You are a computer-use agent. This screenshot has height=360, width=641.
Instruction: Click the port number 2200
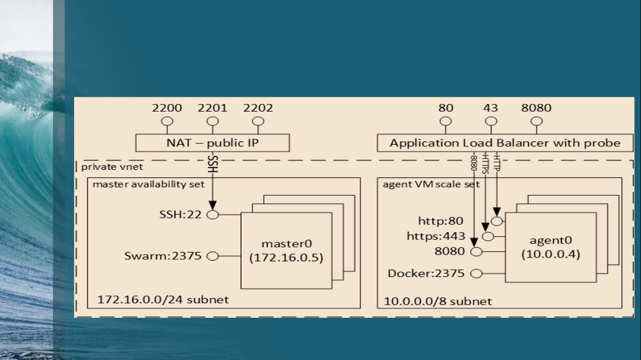167,108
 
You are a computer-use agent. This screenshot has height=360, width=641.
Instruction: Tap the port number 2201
213,108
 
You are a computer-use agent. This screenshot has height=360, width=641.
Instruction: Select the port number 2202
258,108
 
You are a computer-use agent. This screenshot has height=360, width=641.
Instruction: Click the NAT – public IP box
213,143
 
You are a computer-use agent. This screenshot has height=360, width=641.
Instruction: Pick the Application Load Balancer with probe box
505,143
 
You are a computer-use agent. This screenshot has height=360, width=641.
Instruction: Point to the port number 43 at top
491,108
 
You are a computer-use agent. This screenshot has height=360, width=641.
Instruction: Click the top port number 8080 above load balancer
536,108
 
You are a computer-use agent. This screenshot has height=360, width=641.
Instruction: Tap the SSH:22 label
180,215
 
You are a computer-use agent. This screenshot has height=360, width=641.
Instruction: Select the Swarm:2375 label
163,256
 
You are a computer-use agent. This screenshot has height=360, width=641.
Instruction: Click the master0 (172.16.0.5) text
286,251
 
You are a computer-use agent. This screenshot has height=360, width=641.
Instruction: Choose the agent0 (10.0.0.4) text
551,247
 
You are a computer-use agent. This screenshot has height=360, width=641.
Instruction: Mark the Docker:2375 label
426,273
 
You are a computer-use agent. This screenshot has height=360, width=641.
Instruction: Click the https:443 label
436,236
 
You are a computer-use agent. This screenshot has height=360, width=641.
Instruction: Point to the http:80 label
441,221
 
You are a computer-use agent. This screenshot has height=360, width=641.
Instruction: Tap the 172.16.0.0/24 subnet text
163,299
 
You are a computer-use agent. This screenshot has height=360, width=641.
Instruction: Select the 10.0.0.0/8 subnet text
437,301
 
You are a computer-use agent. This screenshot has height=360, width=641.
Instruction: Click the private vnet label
112,167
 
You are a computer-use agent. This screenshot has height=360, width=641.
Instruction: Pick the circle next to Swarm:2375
213,256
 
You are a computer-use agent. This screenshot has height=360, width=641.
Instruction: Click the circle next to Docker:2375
477,273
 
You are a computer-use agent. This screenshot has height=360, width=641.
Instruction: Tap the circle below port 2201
213,122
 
